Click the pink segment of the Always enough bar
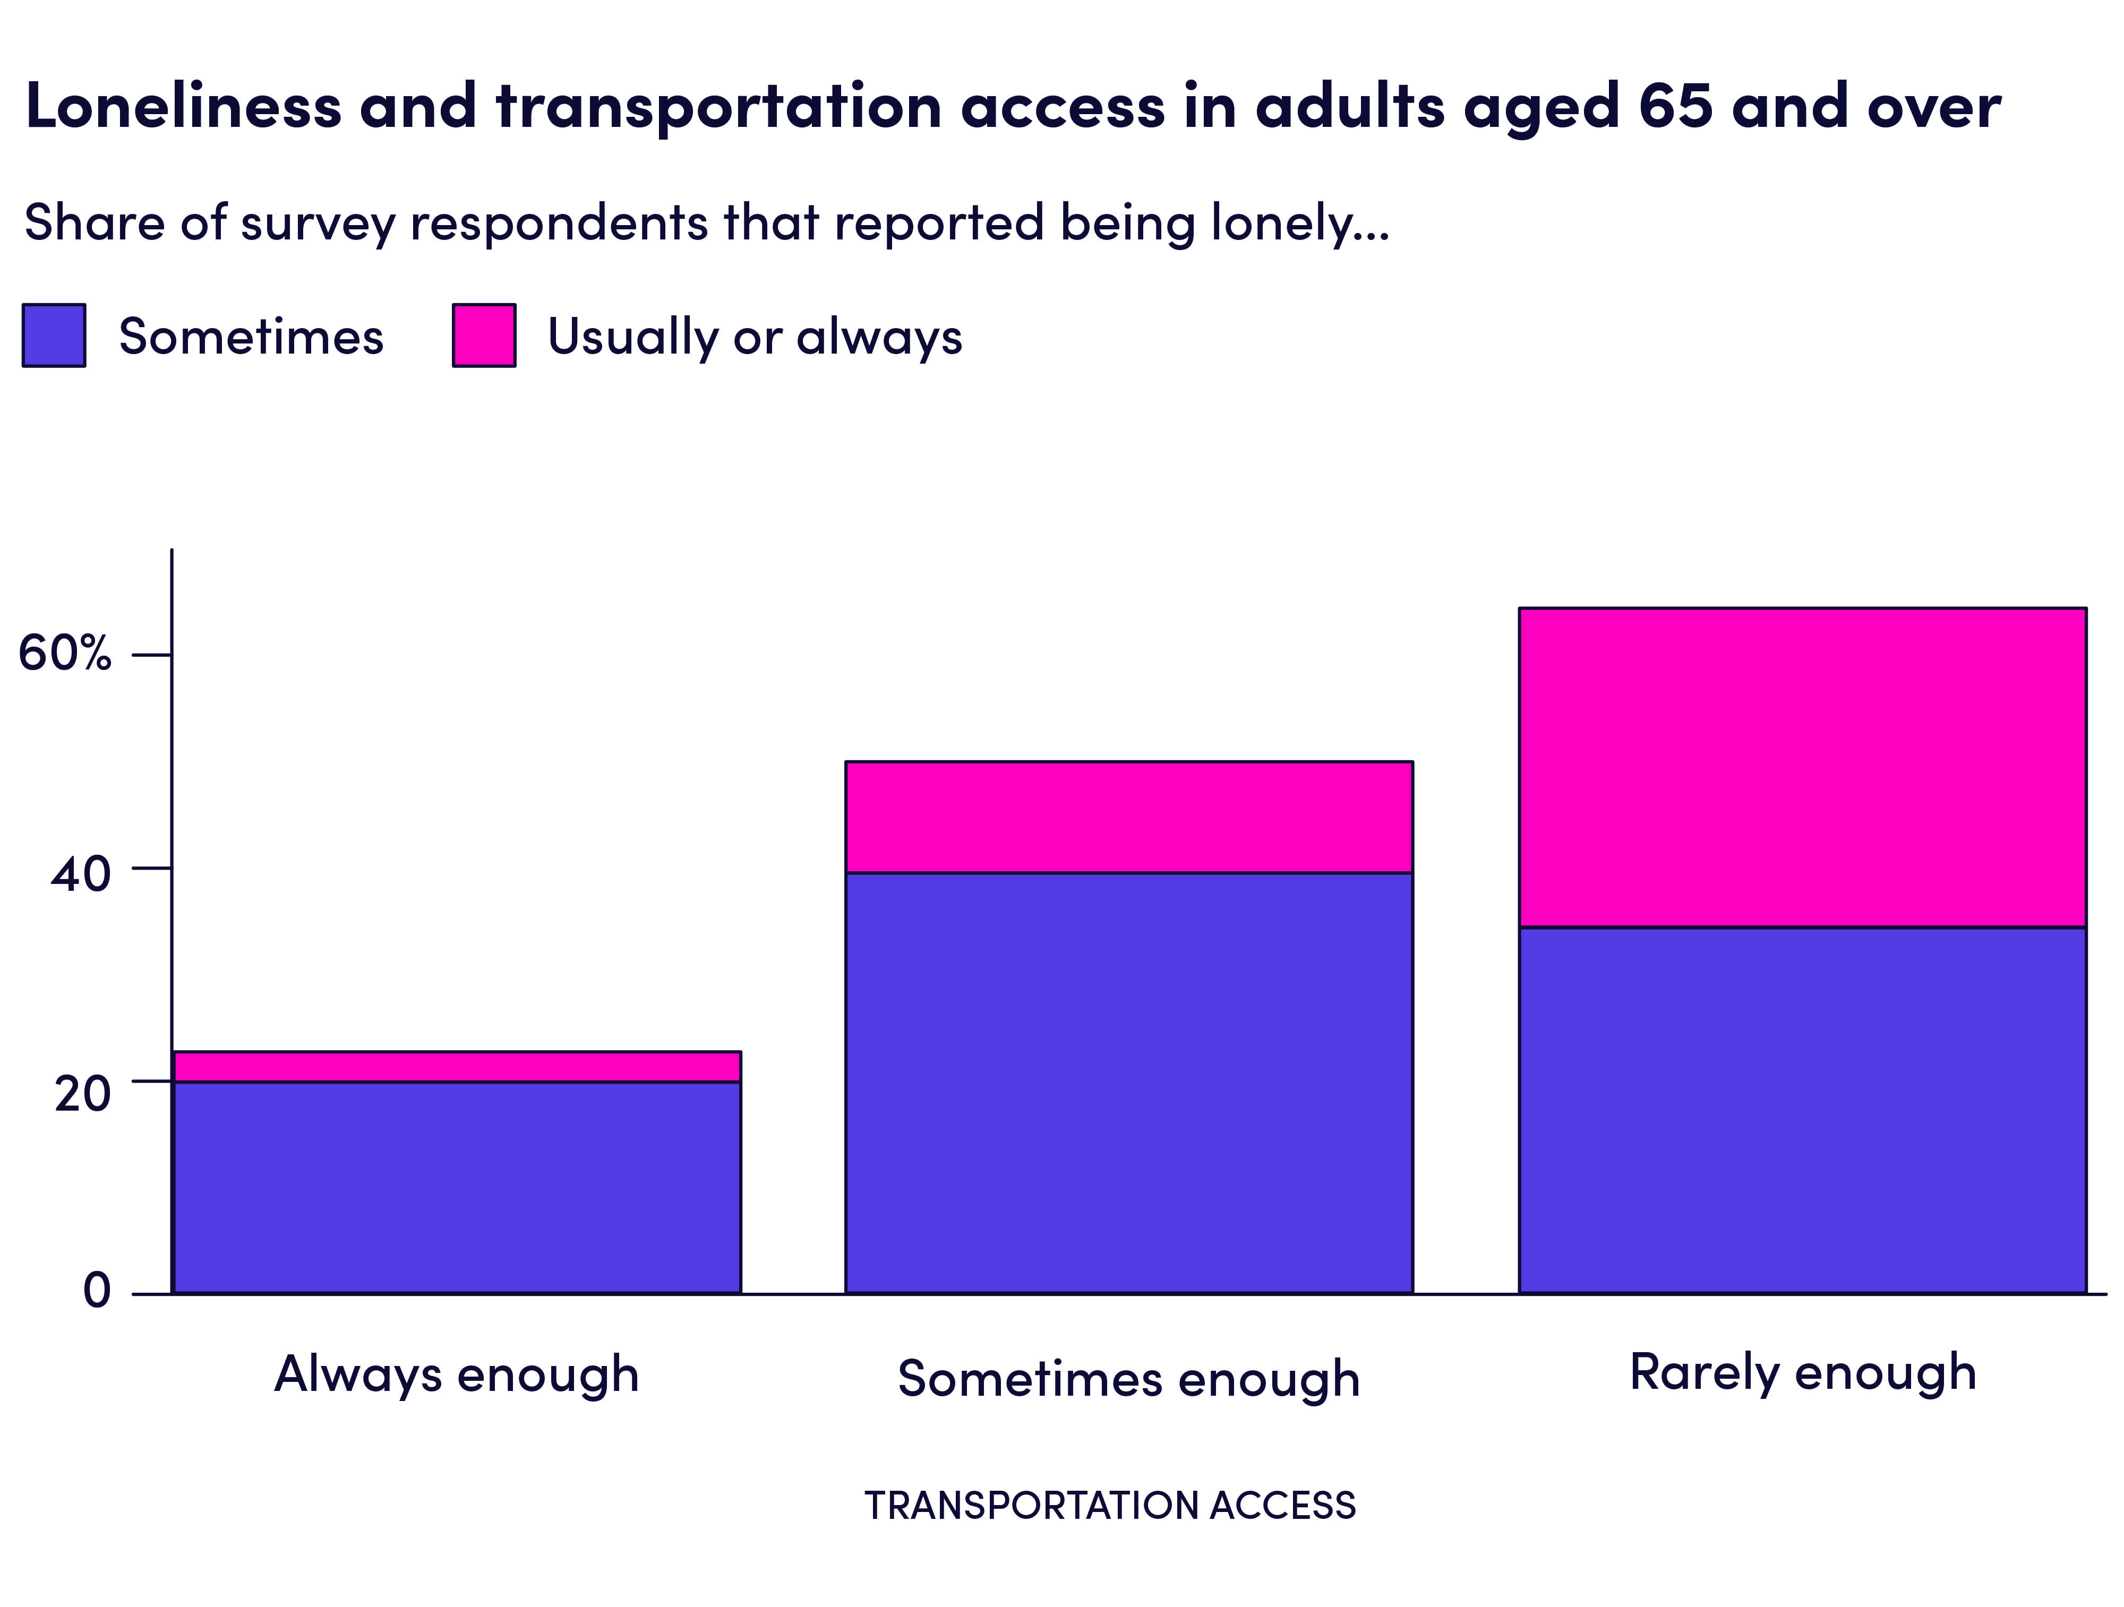pyautogui.click(x=456, y=1067)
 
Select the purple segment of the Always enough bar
pyautogui.click(x=456, y=1188)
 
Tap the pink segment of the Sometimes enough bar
pyautogui.click(x=1128, y=817)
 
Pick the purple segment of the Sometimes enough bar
pyautogui.click(x=1128, y=1083)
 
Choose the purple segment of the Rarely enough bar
pyautogui.click(x=1802, y=1110)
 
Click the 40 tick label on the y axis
pyautogui.click(x=81, y=874)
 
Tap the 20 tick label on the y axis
pyautogui.click(x=83, y=1094)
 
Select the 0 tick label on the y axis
pyautogui.click(x=97, y=1289)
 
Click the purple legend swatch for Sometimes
pyautogui.click(x=54, y=335)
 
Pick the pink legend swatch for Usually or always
pyautogui.click(x=484, y=335)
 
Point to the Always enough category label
pyautogui.click(x=456, y=1374)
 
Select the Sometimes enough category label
pyautogui.click(x=1128, y=1379)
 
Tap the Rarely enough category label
pyautogui.click(x=1802, y=1372)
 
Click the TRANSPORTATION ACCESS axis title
pyautogui.click(x=1110, y=1505)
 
